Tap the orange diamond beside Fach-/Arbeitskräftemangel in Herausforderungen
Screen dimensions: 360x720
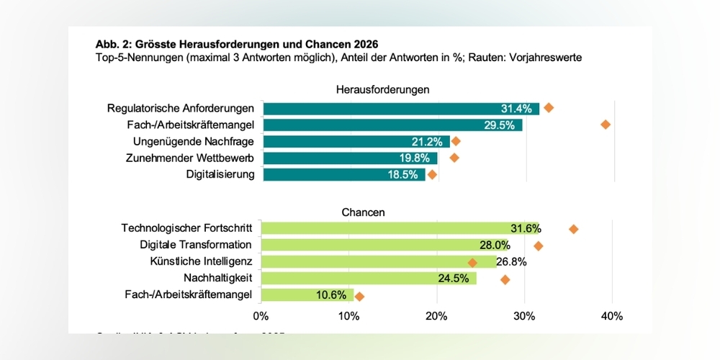pos(606,125)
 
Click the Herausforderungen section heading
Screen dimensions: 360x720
pos(382,90)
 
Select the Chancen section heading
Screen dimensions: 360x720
pos(363,212)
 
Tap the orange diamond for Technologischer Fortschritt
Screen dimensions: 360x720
pos(573,229)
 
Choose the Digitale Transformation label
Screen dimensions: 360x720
pos(195,245)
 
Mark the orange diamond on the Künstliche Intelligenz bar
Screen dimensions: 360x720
pos(472,262)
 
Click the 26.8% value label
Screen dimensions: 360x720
pos(511,262)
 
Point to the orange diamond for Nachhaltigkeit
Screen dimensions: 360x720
pos(505,279)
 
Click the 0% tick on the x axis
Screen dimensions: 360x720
pos(261,315)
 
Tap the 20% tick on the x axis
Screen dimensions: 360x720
pos(436,315)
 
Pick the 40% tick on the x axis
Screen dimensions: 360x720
pos(611,315)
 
